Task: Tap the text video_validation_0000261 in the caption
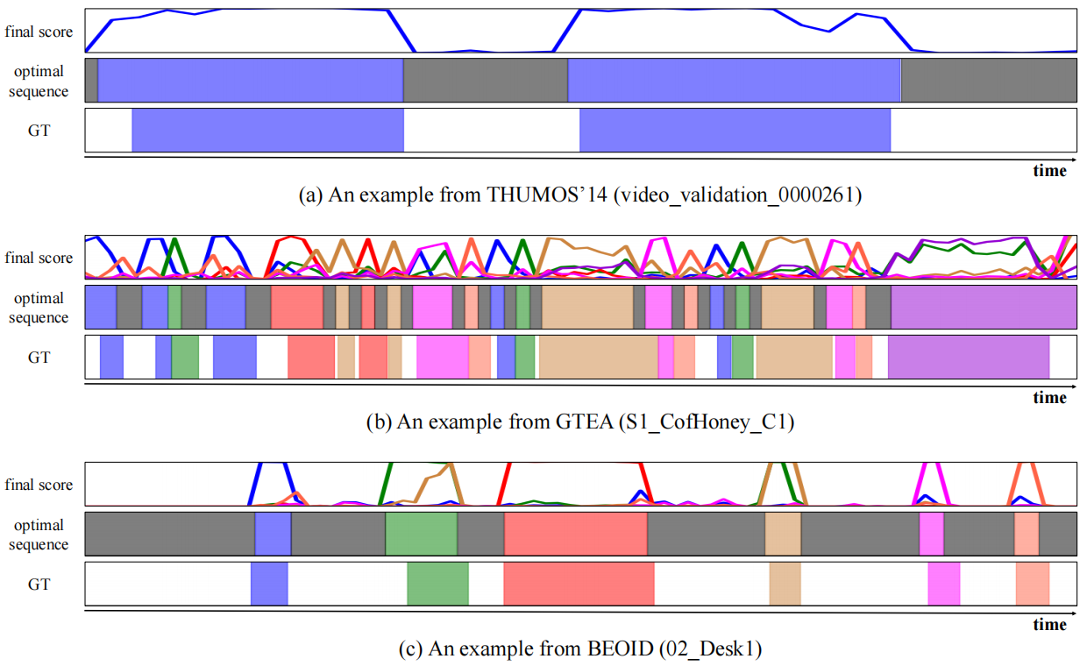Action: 739,195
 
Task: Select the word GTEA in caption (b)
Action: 582,422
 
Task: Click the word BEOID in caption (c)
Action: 604,649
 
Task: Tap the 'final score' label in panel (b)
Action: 39,258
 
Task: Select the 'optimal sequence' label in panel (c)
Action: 39,535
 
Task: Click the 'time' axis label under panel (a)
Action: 1049,171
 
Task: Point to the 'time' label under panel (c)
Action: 1049,625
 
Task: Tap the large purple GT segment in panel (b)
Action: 969,357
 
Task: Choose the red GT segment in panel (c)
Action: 579,584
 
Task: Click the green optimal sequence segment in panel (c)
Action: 421,533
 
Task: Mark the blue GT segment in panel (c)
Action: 269,584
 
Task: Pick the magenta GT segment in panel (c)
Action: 944,584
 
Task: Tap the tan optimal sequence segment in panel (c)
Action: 783,533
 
